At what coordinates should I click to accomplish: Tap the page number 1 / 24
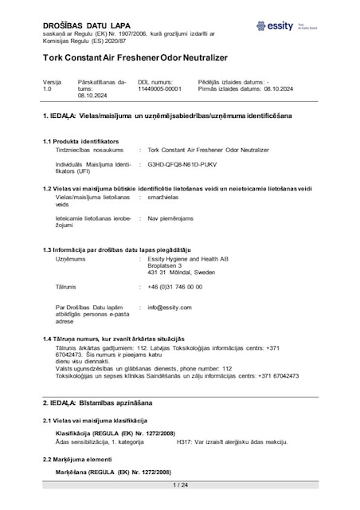pyautogui.click(x=179, y=484)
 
